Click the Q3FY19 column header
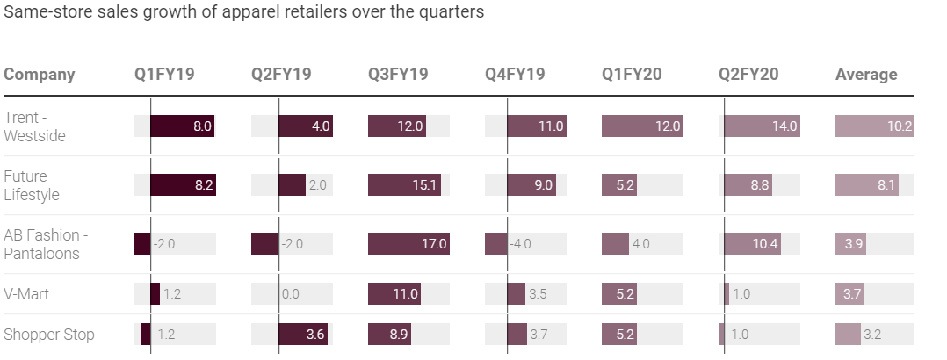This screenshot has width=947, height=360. point(398,75)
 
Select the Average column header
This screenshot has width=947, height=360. point(866,75)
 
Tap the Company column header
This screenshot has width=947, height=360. point(40,75)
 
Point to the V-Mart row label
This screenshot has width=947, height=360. point(26,294)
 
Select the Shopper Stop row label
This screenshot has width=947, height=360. point(49,335)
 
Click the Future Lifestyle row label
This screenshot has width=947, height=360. point(32,185)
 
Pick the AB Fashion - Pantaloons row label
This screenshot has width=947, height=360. point(46,244)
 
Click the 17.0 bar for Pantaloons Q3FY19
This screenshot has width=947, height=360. point(408,244)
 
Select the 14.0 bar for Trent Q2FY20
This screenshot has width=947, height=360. point(762,126)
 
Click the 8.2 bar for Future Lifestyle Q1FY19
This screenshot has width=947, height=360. point(183,185)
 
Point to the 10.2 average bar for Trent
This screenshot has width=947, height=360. point(874,126)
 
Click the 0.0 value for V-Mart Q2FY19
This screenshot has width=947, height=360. point(291,294)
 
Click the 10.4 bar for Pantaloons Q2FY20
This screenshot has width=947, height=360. point(751,244)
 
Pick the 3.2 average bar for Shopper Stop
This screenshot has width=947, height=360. point(848,335)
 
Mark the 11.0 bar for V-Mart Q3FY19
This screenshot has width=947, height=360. point(395,294)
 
